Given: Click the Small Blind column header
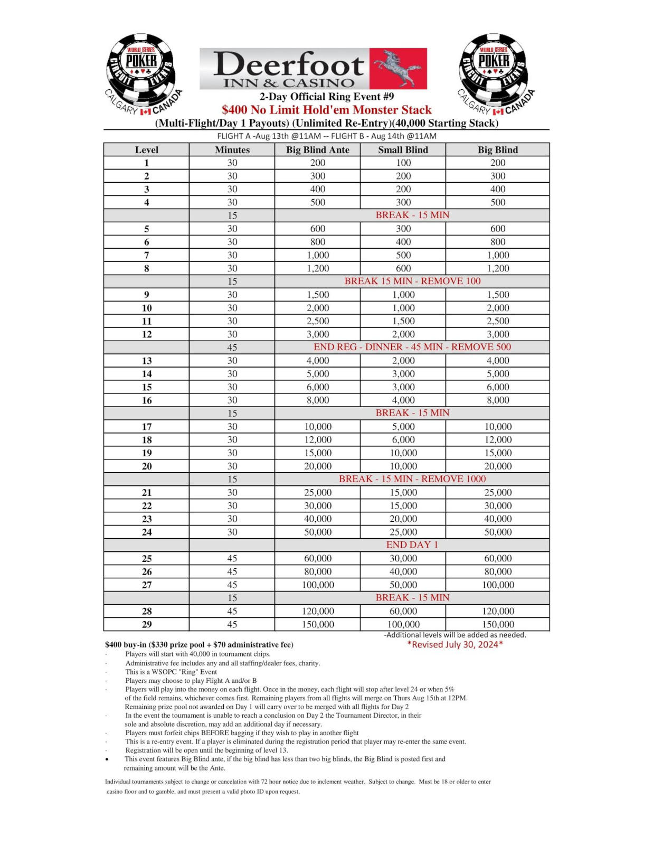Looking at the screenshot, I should click(403, 149).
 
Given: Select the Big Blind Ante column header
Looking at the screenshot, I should click(318, 149).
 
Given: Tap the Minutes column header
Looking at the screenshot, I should click(232, 149).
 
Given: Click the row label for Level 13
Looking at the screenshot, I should click(147, 361).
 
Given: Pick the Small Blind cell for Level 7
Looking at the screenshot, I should click(403, 255).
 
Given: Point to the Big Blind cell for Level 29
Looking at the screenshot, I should click(498, 624).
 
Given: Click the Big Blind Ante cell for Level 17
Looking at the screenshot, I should click(318, 427).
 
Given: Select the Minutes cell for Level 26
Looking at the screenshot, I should click(232, 571).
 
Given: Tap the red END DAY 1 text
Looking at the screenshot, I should click(412, 545).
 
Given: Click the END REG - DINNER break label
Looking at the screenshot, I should click(412, 347).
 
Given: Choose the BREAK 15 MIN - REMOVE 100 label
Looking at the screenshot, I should click(412, 281).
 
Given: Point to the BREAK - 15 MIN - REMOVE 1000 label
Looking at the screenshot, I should click(412, 479).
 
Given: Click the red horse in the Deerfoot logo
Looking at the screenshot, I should click(398, 68).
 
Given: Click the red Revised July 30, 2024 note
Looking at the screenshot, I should click(455, 644).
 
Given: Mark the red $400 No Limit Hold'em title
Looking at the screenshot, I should click(327, 110).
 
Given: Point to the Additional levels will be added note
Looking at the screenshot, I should click(455, 635).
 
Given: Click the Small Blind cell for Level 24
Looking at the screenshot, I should click(403, 532).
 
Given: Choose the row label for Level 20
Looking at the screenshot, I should click(147, 466).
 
